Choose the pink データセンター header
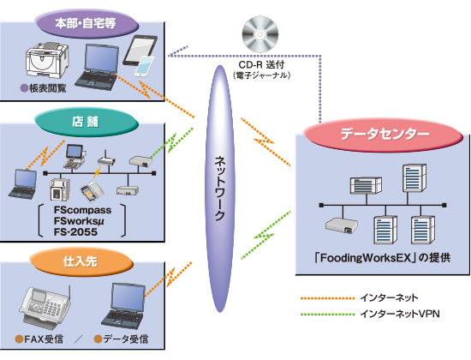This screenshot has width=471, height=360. pos(379,135)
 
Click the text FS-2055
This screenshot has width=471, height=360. pos(82,233)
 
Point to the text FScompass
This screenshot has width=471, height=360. pos(87,208)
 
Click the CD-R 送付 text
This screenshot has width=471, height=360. pos(265,63)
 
